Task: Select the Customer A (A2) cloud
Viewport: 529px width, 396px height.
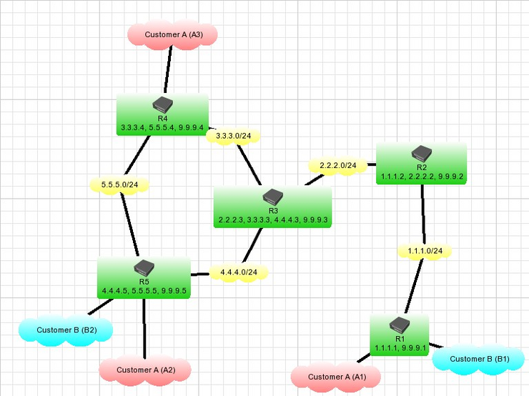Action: [145, 370]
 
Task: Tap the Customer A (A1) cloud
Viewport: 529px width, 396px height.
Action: [336, 376]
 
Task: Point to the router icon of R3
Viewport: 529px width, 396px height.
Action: [272, 197]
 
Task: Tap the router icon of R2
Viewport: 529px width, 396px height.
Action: [422, 152]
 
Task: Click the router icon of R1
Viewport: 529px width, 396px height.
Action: [400, 326]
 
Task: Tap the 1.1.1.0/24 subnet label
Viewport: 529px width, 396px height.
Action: [425, 251]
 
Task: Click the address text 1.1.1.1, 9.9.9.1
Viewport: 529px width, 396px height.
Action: [400, 348]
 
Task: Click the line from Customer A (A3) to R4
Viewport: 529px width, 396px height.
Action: [169, 71]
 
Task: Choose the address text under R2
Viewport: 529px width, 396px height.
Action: [422, 176]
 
